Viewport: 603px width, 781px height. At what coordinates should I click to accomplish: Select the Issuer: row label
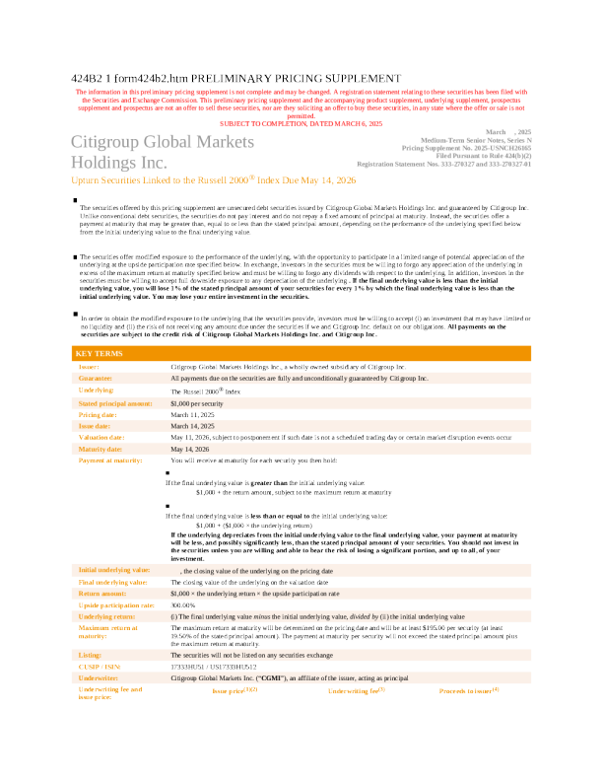tap(89, 366)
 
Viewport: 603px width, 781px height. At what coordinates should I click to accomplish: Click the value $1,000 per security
tap(196, 403)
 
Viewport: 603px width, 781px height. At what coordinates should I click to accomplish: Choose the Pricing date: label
tap(98, 415)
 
